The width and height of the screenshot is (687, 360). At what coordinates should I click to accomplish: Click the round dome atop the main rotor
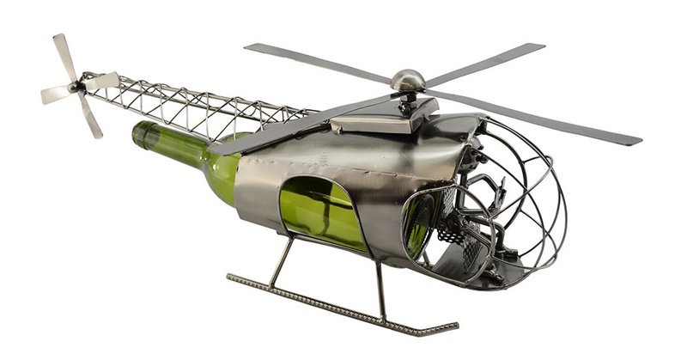click(x=408, y=80)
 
